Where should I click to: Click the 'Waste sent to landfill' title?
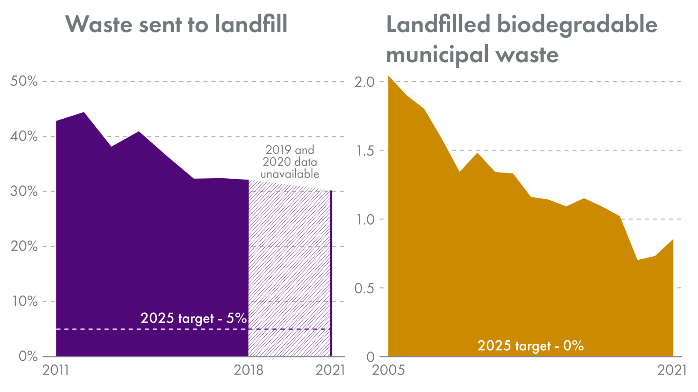tap(176, 24)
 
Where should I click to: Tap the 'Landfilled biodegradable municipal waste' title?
tap(521, 39)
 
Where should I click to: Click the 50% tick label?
tap(24, 81)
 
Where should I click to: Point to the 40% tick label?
tap(24, 136)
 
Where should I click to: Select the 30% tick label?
tap(24, 191)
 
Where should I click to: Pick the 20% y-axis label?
tap(24, 246)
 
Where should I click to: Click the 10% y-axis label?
tap(24, 301)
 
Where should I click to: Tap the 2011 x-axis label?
tap(56, 371)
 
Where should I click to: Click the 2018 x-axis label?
tap(248, 371)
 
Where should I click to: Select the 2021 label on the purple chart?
tap(330, 371)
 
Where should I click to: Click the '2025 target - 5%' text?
tap(193, 318)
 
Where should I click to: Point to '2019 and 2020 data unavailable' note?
tap(290, 162)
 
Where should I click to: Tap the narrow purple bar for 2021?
tap(331, 274)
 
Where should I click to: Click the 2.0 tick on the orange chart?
tap(364, 82)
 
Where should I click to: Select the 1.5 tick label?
tap(364, 151)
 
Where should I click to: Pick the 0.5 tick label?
tap(364, 288)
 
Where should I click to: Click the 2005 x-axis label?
tap(388, 371)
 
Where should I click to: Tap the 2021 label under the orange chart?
tap(672, 371)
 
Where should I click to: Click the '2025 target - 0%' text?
tap(530, 346)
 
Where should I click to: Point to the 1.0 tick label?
tap(364, 219)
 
